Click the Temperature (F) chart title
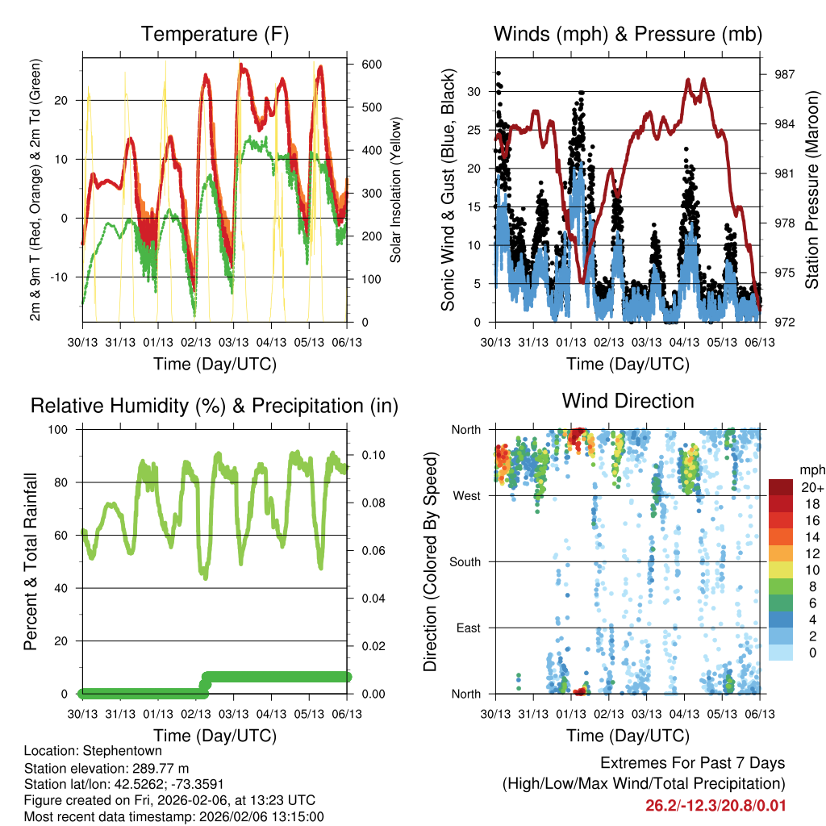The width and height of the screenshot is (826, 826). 215,35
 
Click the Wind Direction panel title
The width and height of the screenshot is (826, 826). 628,401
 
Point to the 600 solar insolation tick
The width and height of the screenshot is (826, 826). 370,65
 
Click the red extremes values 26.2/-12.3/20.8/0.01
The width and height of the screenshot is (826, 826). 715,806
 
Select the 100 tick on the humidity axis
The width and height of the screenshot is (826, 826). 65,429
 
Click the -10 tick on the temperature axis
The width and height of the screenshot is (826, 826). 66,277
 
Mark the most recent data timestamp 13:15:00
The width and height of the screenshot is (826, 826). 298,817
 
